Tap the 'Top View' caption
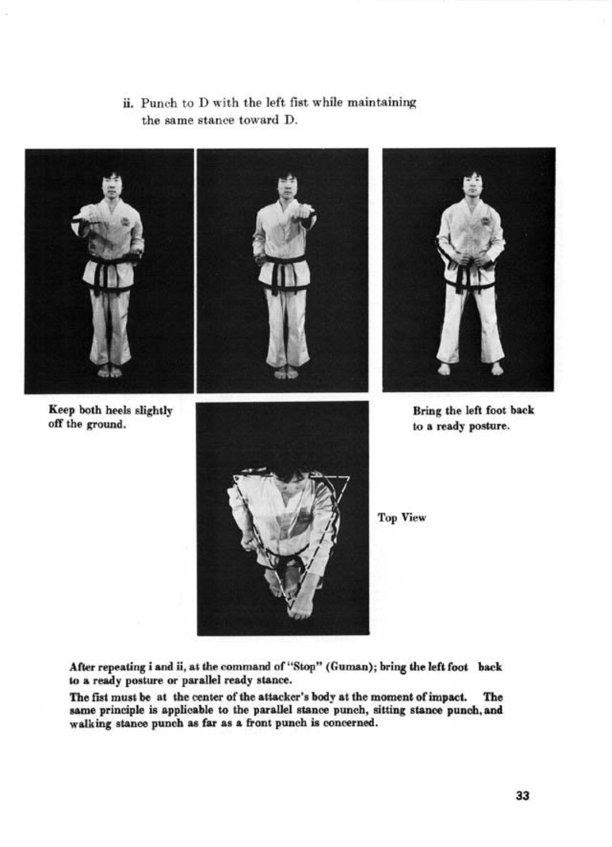tap(401, 518)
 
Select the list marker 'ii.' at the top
tap(129, 103)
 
